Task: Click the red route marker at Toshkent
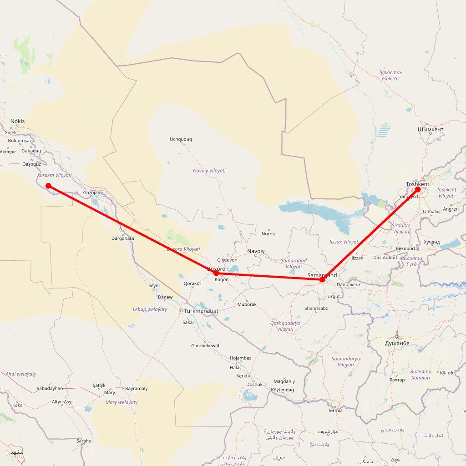point(418,189)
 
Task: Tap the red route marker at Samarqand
point(322,279)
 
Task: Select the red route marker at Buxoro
point(216,273)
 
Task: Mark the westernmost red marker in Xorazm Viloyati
point(48,186)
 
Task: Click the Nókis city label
point(18,121)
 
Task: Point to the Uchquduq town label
point(181,139)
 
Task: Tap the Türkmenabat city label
point(202,311)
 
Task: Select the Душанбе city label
point(397,343)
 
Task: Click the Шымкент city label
point(430,129)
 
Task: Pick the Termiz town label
point(335,410)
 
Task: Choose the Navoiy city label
point(256,251)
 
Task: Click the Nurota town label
point(269,234)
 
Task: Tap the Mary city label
point(110,392)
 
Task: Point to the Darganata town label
point(123,238)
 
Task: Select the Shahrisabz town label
point(316,308)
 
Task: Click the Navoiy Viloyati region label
point(209,171)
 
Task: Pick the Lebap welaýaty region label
point(150,309)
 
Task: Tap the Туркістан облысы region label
point(390,76)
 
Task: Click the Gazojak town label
point(91,193)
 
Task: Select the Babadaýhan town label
point(50,389)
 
